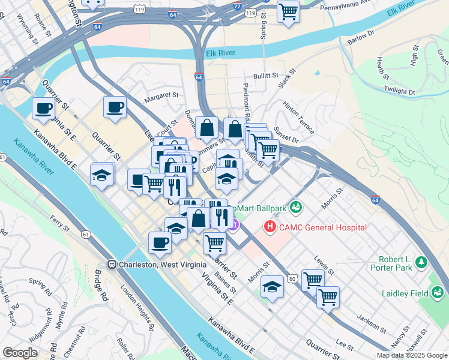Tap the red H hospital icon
[x=270, y=227]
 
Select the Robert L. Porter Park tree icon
[x=421, y=262]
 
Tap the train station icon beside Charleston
[x=112, y=265]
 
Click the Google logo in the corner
[x=20, y=353]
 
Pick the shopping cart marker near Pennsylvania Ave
[x=289, y=11]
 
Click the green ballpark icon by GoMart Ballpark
[x=295, y=208]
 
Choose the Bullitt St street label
[x=266, y=76]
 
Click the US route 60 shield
[x=292, y=278]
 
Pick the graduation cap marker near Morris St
[x=272, y=286]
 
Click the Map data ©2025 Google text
[x=412, y=355]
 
